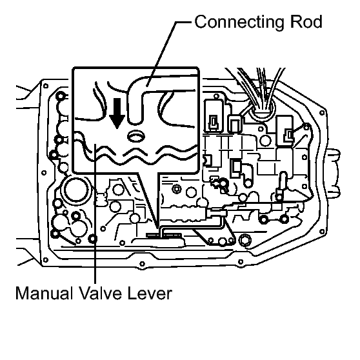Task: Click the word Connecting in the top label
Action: point(239,23)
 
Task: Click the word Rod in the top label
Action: point(306,22)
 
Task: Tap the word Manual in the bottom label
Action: point(42,293)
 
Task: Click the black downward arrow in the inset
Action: point(117,113)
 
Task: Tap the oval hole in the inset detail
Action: point(136,136)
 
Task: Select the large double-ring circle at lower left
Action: point(75,190)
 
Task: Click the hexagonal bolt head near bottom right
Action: point(245,240)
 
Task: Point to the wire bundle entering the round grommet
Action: point(262,92)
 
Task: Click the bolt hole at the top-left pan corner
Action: point(46,86)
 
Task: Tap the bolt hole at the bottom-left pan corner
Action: point(45,260)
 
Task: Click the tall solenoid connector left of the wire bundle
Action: point(214,116)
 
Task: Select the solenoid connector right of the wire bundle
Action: point(285,131)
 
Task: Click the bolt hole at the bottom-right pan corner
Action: point(322,232)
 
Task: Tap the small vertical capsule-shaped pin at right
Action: point(283,181)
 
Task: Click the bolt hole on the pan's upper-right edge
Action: point(322,113)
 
